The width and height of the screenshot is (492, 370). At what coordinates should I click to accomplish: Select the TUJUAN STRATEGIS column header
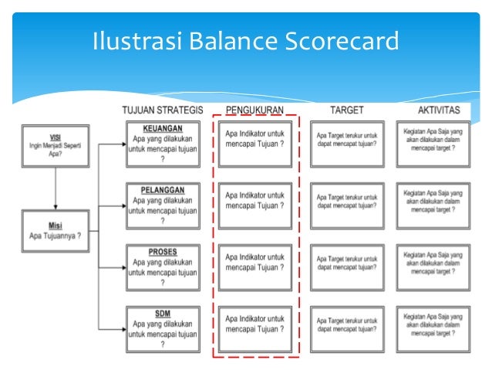162,110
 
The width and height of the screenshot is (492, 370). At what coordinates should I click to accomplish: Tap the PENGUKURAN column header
254,110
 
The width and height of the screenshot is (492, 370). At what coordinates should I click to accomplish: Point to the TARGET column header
346,110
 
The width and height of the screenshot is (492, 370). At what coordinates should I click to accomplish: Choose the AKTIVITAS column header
433,110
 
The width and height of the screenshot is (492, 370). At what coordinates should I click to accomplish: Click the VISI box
56,144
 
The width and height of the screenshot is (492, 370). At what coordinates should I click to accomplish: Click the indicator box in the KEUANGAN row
255,144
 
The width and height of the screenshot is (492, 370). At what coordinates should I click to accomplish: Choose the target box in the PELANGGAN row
346,206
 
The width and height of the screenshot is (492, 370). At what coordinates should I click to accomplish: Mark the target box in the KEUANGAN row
346,144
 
